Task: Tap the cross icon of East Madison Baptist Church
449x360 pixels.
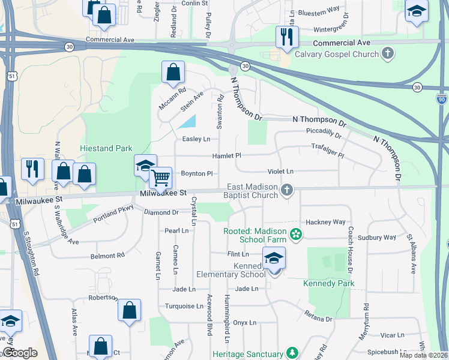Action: pos(287,191)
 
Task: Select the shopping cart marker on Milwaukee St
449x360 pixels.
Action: pos(160,178)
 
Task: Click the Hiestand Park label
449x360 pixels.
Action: pos(106,148)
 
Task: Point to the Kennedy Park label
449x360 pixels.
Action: pos(329,283)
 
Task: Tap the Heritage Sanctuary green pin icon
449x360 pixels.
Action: pos(292,352)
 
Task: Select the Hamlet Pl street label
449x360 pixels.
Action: pos(226,156)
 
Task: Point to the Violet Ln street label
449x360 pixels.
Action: pos(280,172)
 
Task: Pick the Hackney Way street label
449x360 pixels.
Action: pos(326,222)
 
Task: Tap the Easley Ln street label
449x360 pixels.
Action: pos(196,139)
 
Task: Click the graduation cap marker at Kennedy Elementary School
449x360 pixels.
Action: pos(274,259)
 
